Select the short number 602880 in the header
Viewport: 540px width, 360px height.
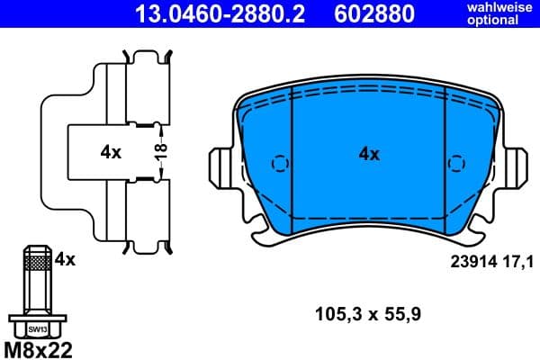[x=375, y=13]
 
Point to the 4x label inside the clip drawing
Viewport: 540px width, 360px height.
[x=111, y=153]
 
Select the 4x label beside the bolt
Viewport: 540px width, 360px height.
[x=64, y=259]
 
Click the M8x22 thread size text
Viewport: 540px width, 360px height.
[x=39, y=348]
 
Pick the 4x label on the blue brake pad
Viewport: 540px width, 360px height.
[x=369, y=154]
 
